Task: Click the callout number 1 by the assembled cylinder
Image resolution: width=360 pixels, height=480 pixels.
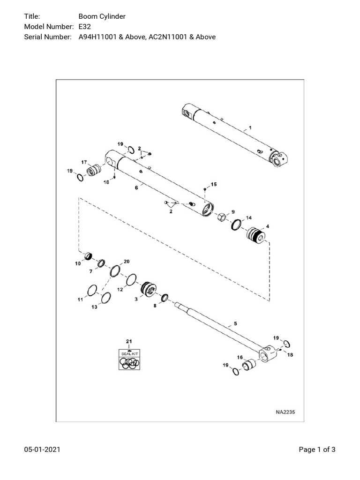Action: click(250, 127)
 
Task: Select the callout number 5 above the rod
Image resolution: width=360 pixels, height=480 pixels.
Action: click(229, 324)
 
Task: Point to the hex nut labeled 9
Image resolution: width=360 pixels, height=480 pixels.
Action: click(222, 217)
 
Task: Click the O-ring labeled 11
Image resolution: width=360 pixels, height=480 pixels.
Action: click(92, 289)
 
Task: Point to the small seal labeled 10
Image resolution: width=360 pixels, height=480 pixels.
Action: click(87, 256)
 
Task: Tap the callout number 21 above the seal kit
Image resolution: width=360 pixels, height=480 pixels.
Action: click(128, 341)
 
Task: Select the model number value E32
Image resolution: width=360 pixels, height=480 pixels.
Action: click(84, 27)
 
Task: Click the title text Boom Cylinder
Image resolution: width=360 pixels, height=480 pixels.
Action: click(102, 17)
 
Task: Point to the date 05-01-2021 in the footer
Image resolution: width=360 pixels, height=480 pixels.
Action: click(42, 450)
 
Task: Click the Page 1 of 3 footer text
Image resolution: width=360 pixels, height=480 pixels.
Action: click(317, 450)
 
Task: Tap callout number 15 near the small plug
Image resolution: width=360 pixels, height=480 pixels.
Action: click(213, 185)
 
